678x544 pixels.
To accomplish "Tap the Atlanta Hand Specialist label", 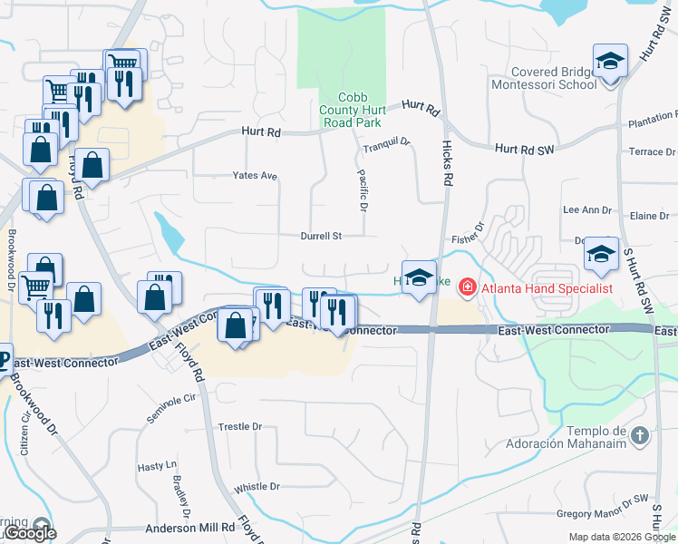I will (547, 288).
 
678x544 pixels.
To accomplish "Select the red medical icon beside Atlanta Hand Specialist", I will (468, 288).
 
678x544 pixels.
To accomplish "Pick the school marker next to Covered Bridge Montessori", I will (610, 62).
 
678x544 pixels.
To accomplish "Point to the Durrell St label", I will (322, 236).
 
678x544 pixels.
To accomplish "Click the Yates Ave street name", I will (255, 175).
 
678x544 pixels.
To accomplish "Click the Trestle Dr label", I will (239, 426).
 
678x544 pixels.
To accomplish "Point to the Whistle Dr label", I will (256, 487).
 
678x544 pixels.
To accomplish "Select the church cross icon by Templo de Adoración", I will (640, 435).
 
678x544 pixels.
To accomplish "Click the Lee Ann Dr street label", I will (587, 209).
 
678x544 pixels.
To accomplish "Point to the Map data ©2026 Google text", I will (622, 537).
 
